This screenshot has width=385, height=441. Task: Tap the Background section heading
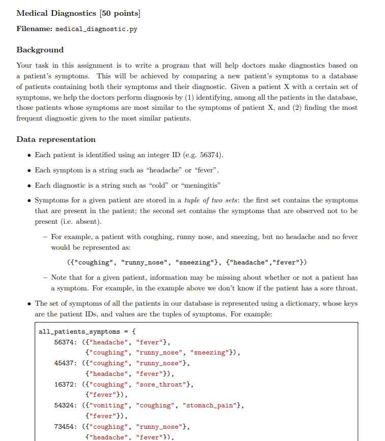click(40, 50)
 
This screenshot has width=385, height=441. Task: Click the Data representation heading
click(56, 139)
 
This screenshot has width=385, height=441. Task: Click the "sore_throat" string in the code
click(160, 385)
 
